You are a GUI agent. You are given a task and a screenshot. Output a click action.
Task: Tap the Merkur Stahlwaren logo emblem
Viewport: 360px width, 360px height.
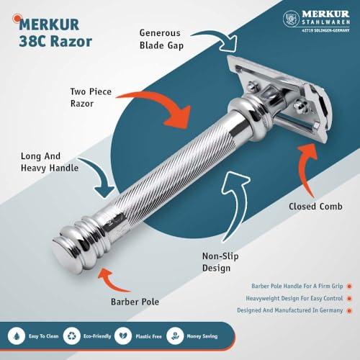point(291,18)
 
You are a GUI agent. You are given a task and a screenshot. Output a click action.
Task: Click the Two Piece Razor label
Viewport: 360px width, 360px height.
point(109,99)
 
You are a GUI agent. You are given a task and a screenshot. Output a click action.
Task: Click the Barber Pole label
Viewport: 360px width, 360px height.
point(135,302)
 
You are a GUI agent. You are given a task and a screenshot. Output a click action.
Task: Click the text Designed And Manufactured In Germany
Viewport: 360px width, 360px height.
point(288,310)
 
